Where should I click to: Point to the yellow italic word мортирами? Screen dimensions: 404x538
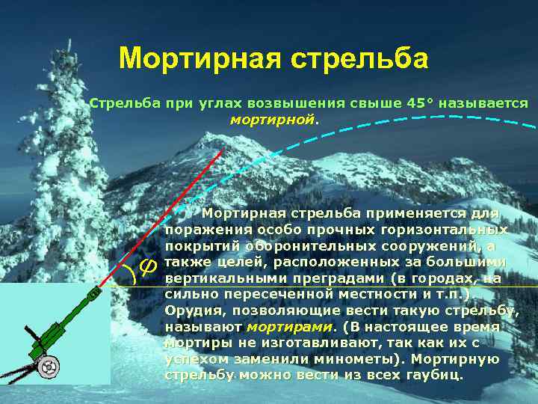tap(290, 326)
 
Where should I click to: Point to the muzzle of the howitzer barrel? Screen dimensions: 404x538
tap(94, 299)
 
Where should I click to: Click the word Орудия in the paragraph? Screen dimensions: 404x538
tap(190, 310)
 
